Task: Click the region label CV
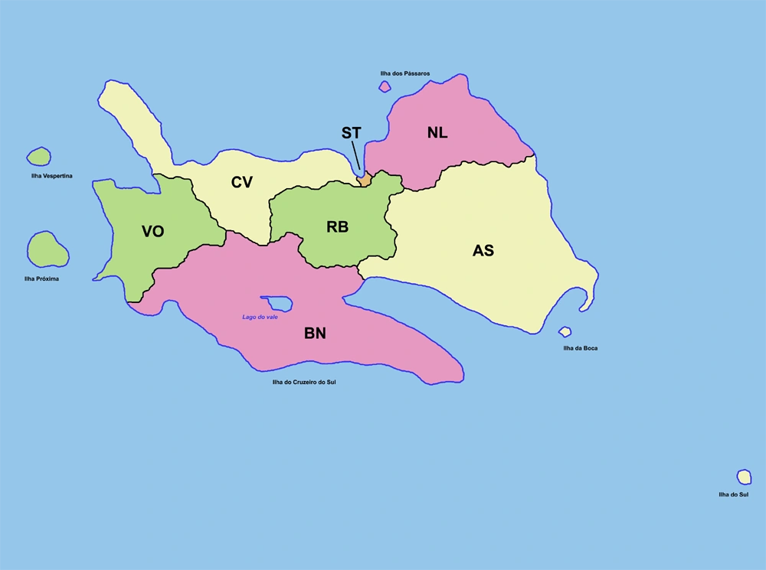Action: point(242,182)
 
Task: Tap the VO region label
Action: point(153,231)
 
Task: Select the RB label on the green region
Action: point(337,227)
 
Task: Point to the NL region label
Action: point(437,132)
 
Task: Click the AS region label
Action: point(483,250)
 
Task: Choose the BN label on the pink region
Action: point(315,333)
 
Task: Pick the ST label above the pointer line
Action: point(351,133)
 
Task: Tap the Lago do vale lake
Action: point(277,303)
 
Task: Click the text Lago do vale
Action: point(260,317)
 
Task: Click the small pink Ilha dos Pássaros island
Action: point(385,86)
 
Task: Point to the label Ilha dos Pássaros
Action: point(404,73)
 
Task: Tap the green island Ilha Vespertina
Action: point(38,157)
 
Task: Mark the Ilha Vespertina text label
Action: point(47,176)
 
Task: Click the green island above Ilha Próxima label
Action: point(46,249)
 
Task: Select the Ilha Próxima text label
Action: point(41,278)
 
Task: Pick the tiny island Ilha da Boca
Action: point(565,331)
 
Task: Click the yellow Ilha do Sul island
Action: point(744,477)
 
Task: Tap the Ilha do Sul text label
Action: point(733,495)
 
